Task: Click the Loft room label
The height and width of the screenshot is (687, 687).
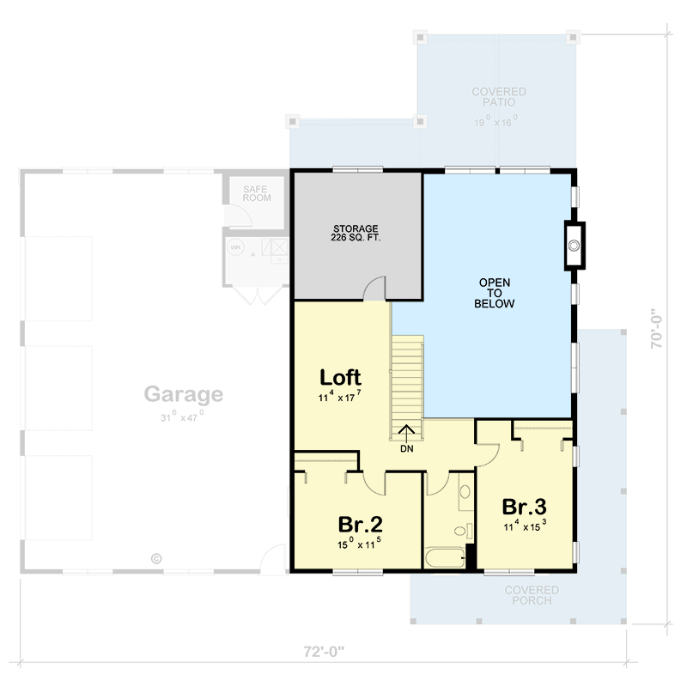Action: [x=340, y=377]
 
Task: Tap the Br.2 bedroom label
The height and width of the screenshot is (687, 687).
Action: [x=360, y=524]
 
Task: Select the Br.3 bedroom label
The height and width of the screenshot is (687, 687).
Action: [x=525, y=506]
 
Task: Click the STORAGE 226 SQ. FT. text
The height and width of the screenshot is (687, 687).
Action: [x=356, y=234]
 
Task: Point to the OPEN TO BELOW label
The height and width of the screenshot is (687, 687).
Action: [x=495, y=293]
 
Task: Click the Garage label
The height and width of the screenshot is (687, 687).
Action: [x=183, y=394]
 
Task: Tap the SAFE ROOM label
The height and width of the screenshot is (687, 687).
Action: [x=256, y=193]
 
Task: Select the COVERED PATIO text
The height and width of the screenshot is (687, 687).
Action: [x=498, y=97]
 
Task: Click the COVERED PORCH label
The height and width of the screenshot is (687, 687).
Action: [x=532, y=595]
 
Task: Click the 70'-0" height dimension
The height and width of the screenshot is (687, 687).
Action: [x=658, y=329]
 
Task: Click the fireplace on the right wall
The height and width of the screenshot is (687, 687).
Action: [x=573, y=246]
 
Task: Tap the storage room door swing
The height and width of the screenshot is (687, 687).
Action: [x=375, y=290]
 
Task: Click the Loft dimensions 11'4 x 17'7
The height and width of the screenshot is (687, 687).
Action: [x=339, y=397]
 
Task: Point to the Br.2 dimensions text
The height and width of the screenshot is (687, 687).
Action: [x=360, y=544]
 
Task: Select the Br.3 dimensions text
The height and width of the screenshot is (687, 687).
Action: [x=525, y=525]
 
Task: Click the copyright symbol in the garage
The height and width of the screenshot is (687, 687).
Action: [x=156, y=557]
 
